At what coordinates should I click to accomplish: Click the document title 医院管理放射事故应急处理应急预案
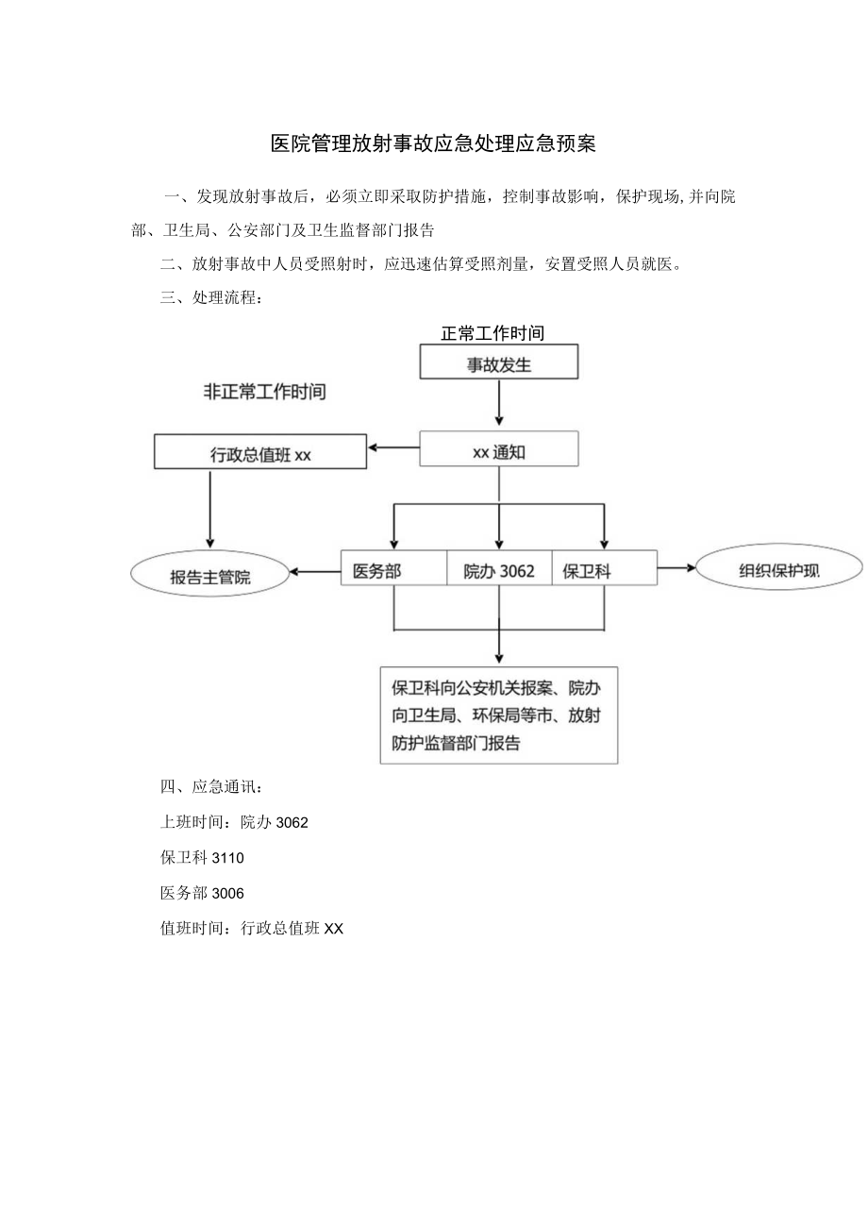point(433,144)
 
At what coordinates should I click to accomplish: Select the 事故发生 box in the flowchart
point(498,364)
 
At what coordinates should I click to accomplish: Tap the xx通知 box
point(498,451)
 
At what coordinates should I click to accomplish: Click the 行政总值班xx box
point(259,453)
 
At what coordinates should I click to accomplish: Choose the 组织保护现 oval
point(778,570)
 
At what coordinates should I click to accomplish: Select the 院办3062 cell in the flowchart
point(498,570)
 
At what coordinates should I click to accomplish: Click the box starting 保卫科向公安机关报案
point(498,715)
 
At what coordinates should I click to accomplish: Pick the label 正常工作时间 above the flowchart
point(492,333)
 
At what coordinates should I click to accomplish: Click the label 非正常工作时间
point(264,392)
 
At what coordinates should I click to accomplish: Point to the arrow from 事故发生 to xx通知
point(498,404)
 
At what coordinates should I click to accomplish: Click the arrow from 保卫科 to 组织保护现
point(676,568)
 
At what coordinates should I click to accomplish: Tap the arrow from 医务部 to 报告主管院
point(315,570)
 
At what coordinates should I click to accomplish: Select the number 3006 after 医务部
point(228,893)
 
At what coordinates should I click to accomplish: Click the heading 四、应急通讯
point(212,786)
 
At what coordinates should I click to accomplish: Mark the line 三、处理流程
point(212,298)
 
